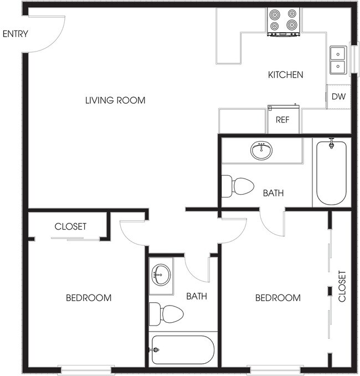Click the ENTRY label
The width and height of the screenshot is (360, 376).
15,34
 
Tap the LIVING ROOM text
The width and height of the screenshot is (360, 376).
115,100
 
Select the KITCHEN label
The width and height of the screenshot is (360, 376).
285,75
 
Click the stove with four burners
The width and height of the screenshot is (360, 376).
284,22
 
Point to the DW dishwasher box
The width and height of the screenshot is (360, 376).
338,96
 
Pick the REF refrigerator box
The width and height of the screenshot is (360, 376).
283,119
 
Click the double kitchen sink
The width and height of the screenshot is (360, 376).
337,60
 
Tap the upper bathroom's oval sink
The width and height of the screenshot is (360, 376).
261,150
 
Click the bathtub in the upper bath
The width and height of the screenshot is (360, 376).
331,172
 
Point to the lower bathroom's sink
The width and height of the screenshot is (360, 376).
161,272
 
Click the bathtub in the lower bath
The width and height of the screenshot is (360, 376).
181,349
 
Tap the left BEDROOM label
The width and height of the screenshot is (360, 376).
89,298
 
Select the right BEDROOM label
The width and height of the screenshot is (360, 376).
278,298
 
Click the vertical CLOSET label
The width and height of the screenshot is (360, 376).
342,286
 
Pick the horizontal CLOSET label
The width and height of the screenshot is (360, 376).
70,226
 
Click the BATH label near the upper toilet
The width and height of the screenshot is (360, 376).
273,193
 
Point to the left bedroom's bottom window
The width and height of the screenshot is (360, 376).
85,368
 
